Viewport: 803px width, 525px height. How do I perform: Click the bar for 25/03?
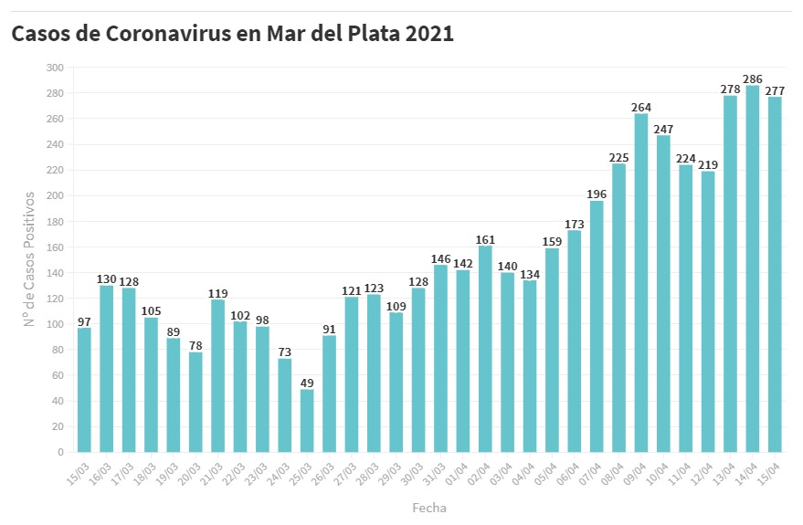(x=307, y=421)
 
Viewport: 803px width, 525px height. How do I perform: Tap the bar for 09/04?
(x=641, y=283)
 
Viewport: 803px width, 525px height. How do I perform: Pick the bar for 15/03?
(x=84, y=390)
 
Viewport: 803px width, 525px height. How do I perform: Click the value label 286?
(x=753, y=79)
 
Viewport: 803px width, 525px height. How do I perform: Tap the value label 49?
(x=307, y=383)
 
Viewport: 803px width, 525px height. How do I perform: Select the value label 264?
(x=641, y=108)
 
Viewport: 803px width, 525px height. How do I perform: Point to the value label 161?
(x=485, y=240)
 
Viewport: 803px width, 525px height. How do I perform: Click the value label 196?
(x=597, y=194)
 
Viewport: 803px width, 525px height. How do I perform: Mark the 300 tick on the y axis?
(x=55, y=68)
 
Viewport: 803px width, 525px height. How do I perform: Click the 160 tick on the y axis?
(x=55, y=247)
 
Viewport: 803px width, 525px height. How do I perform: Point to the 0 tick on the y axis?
(x=60, y=452)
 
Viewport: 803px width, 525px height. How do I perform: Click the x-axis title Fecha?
(x=429, y=507)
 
